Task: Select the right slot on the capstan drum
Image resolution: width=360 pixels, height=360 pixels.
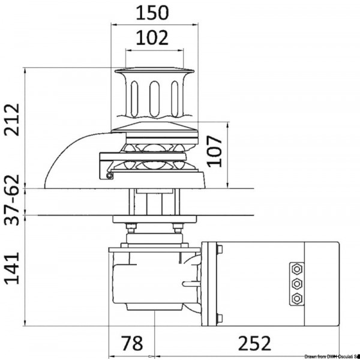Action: [x=174, y=96]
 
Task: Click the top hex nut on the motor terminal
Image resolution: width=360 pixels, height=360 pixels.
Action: [x=295, y=268]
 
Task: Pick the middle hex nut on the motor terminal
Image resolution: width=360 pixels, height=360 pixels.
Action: [x=295, y=283]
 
